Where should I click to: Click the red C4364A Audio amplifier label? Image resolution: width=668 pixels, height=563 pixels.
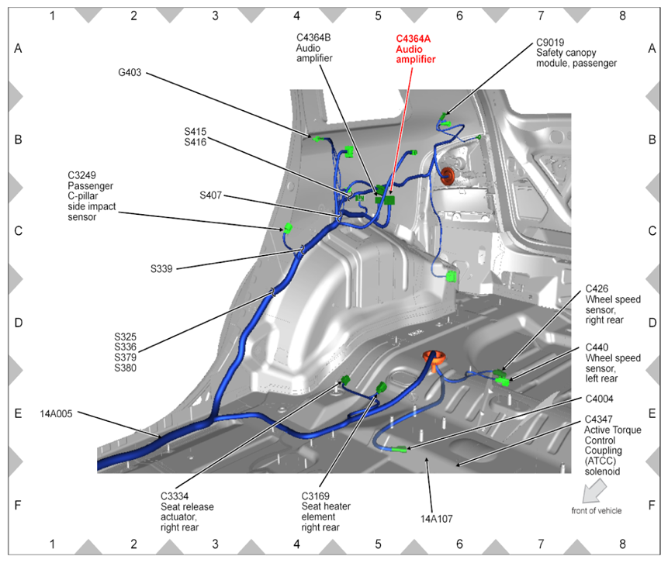click(415, 48)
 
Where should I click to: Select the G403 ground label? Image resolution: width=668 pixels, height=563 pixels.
click(130, 74)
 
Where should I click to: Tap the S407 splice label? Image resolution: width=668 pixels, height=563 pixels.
click(210, 195)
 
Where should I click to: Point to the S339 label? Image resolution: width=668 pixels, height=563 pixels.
click(161, 269)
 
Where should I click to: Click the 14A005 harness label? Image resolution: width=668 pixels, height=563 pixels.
click(56, 413)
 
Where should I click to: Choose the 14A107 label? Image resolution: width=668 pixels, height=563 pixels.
click(436, 517)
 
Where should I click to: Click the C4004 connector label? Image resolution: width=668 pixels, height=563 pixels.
click(600, 399)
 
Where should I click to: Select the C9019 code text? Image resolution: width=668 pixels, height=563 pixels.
click(552, 43)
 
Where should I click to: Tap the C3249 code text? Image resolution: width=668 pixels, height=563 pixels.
click(83, 175)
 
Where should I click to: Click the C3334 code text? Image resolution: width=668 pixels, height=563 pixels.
click(176, 496)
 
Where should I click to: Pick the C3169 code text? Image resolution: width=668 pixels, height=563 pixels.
click(317, 496)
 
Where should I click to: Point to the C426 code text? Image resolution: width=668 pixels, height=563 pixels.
click(597, 288)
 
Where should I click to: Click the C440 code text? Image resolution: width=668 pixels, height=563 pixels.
click(597, 347)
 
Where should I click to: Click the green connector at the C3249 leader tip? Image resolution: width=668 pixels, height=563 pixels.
click(287, 228)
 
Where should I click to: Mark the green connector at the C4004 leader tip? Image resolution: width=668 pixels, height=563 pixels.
click(400, 449)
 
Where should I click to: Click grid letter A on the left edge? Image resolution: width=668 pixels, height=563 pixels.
click(18, 48)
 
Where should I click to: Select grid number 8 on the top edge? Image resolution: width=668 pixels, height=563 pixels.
click(622, 15)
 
